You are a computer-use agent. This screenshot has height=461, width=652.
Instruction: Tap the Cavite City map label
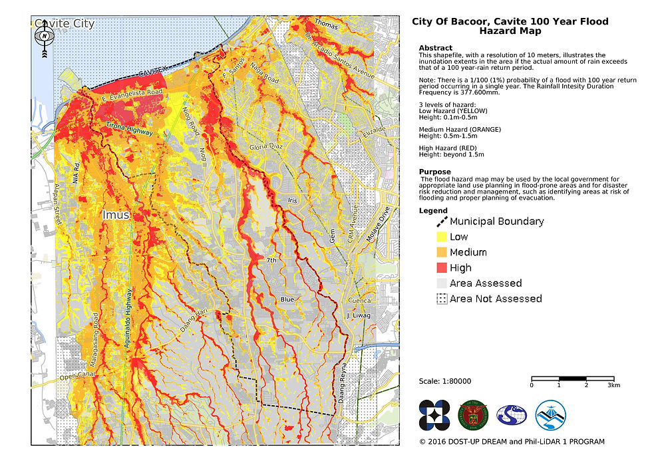tap(65, 24)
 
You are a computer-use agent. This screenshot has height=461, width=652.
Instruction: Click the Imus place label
tap(117, 215)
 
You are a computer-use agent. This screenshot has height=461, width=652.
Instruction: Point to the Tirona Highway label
tap(130, 129)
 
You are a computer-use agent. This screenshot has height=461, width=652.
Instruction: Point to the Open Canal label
tap(75, 378)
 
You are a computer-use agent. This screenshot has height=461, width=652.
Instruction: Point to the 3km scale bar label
tap(613, 385)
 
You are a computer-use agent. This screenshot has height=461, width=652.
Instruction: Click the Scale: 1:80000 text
tap(445, 381)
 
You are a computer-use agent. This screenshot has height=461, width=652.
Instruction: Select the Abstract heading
tap(436, 48)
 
